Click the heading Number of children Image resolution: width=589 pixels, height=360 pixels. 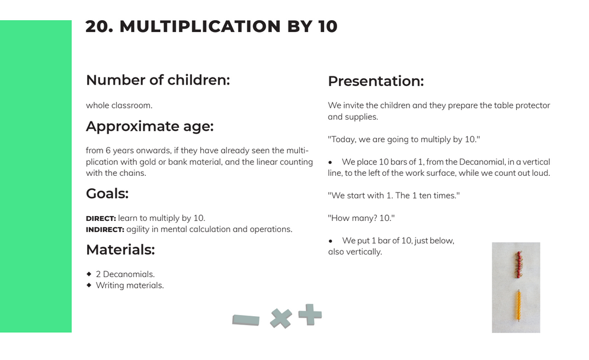click(158, 80)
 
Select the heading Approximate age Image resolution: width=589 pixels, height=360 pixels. click(150, 127)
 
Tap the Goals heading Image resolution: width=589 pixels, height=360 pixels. click(107, 194)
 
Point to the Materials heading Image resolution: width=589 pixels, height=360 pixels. click(120, 250)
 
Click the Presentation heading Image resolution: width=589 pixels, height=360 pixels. click(376, 81)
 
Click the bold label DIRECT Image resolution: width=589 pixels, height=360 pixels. click(101, 218)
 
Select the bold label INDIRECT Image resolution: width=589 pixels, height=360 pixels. click(105, 230)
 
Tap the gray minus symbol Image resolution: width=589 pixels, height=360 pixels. click(246, 320)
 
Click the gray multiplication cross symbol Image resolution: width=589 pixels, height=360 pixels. click(281, 319)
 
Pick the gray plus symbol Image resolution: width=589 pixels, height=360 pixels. click(310, 314)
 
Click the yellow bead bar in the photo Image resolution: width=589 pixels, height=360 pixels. click(518, 306)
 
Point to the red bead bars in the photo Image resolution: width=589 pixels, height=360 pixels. click(518, 265)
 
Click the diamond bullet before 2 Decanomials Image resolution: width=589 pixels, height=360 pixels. click(89, 274)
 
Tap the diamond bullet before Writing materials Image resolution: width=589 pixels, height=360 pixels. click(89, 285)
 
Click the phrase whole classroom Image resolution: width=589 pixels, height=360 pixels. click(119, 105)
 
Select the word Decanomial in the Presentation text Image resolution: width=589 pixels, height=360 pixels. click(482, 162)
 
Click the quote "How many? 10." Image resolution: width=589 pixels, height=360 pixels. click(361, 218)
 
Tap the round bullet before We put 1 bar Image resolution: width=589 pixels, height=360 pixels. click(331, 241)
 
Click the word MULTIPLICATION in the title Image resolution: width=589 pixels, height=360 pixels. click(200, 27)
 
